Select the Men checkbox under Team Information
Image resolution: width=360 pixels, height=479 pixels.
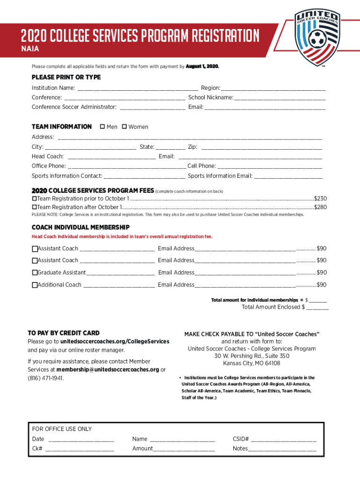pos(102,127)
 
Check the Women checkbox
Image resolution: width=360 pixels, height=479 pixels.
pos(124,127)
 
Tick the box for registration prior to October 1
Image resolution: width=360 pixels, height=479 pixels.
pos(34,199)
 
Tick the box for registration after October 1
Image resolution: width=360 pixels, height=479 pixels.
pos(34,207)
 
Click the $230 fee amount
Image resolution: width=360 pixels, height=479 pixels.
pos(320,199)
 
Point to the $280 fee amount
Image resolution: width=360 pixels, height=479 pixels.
pos(320,207)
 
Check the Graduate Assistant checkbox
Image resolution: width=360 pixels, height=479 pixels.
pos(35,273)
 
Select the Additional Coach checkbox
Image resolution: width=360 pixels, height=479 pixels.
pos(35,285)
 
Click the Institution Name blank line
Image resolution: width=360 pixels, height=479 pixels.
pos(137,88)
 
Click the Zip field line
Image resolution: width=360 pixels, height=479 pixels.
pos(261,147)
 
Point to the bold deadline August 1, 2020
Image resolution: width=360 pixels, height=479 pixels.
pos(202,66)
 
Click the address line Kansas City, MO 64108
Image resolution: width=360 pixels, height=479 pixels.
pos(252,363)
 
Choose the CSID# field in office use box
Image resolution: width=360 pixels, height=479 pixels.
pos(283,439)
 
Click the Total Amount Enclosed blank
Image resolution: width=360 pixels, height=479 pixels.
pos(317,307)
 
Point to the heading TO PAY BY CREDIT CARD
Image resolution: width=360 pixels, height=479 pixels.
pos(64,333)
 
